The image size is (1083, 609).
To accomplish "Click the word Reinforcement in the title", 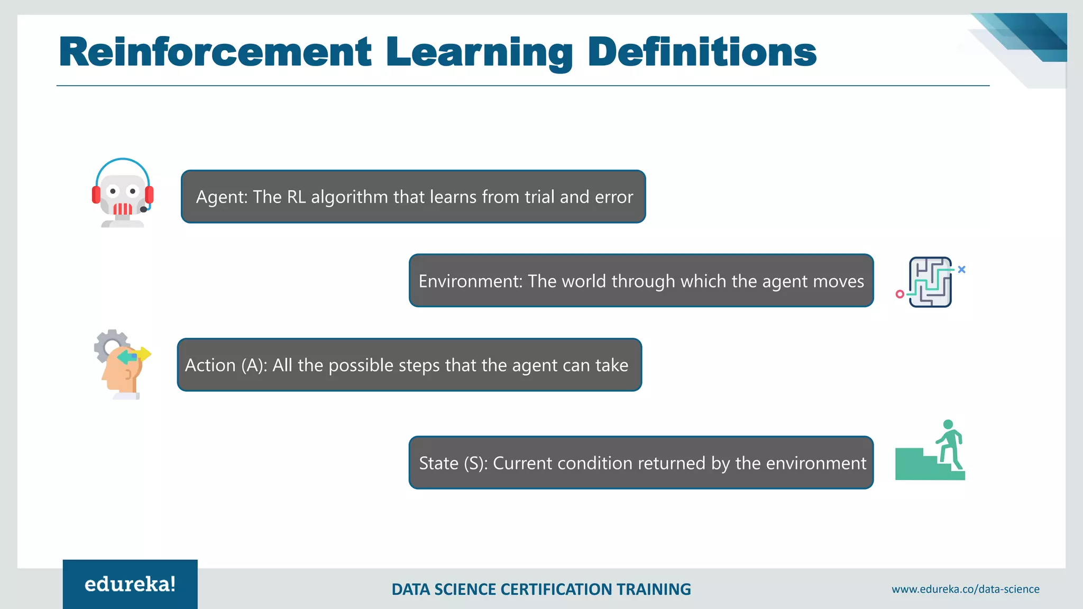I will [x=215, y=52].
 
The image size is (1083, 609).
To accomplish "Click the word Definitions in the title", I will [x=702, y=52].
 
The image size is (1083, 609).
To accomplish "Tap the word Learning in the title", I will [x=479, y=53].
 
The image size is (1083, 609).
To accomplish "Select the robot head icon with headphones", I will [x=123, y=193].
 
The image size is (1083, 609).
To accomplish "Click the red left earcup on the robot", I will [x=96, y=195].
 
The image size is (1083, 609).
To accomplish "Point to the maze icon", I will [x=930, y=282].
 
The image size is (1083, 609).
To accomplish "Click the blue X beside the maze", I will [x=961, y=270].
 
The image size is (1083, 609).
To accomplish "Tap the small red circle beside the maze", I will [x=900, y=294].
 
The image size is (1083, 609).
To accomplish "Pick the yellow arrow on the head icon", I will [x=143, y=354].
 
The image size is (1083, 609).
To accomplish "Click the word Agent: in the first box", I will [x=222, y=197].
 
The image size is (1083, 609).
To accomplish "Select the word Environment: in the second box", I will [x=470, y=281].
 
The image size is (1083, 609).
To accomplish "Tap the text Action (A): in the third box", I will [x=226, y=365].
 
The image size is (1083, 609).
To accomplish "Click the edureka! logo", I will [x=130, y=584].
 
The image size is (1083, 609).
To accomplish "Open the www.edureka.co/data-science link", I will [x=965, y=589].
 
